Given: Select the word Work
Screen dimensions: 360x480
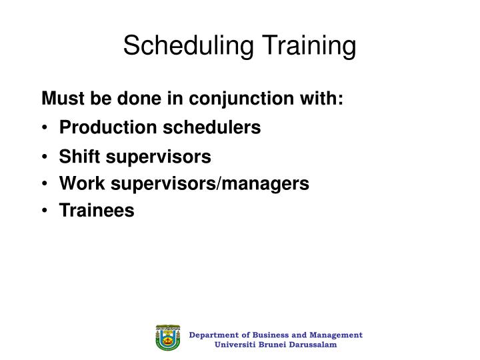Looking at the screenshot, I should pyautogui.click(x=78, y=183).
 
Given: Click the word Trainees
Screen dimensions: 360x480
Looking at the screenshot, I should pyautogui.click(x=97, y=211).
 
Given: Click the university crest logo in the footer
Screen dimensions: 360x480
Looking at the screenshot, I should pyautogui.click(x=168, y=339).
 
